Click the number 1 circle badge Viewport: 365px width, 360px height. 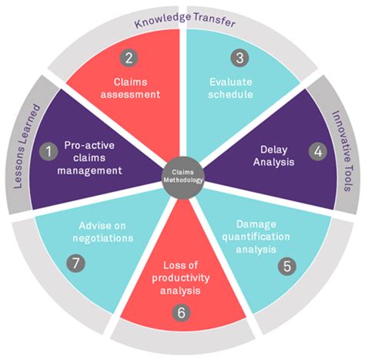point(49,153)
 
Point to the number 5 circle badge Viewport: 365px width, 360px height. point(286,266)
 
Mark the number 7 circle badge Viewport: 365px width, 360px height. point(76,261)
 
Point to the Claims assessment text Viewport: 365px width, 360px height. point(136,89)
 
